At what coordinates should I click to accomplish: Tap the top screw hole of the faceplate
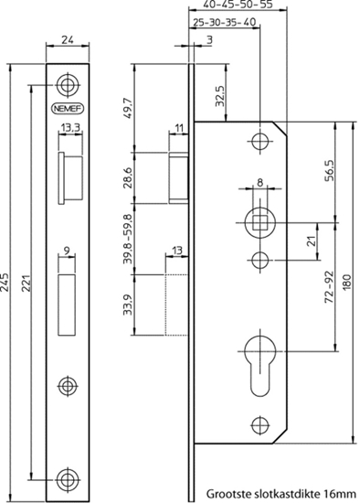65,85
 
